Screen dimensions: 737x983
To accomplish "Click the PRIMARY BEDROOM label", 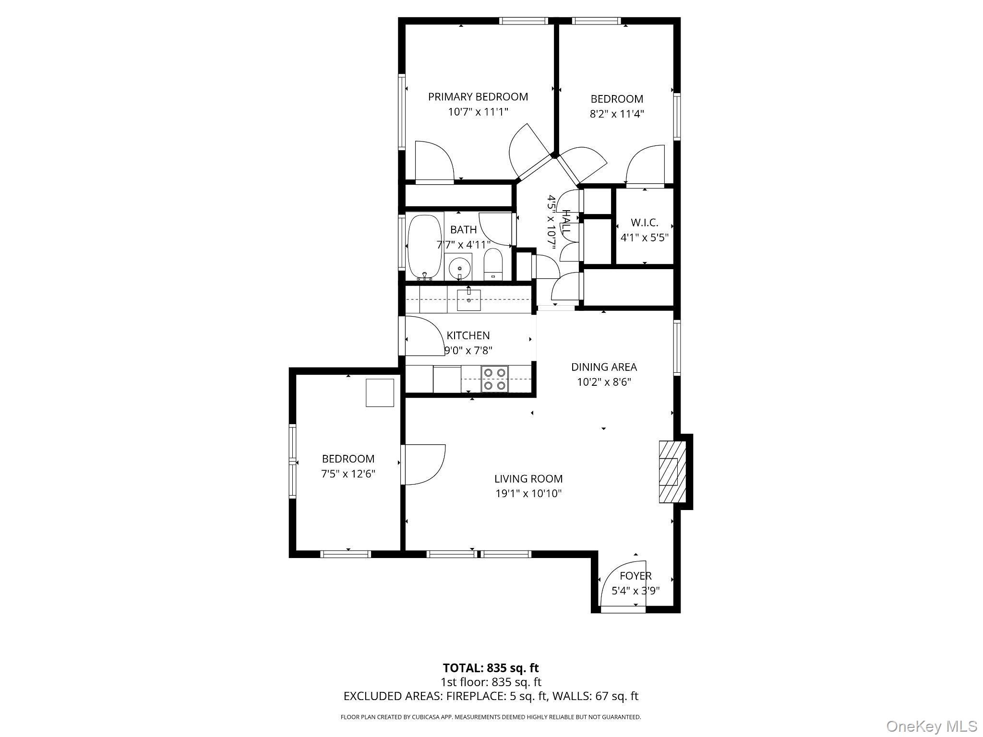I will (x=478, y=97).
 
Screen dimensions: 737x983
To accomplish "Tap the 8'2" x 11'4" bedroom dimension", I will (x=616, y=114).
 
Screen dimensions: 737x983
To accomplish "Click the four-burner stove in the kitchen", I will (x=494, y=379).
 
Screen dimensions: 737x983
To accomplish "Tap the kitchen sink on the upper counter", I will (x=468, y=299).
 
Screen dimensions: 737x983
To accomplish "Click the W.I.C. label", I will (x=644, y=223).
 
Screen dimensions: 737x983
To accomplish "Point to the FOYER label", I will (x=635, y=576).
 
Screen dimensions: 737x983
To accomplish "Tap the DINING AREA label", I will (x=604, y=367).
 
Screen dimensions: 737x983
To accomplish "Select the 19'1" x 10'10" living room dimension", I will (x=528, y=493).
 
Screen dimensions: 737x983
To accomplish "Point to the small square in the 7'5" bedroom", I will (x=380, y=392).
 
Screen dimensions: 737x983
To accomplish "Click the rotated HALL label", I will (x=566, y=222).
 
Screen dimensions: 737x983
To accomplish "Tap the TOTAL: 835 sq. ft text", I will (x=491, y=668).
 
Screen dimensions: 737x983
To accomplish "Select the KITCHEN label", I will (x=468, y=335).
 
